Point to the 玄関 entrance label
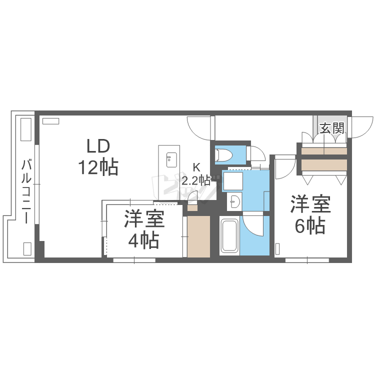click(332, 128)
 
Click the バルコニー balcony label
click(26, 191)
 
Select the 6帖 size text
click(310, 226)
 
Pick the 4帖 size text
click(143, 241)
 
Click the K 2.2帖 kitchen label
click(196, 174)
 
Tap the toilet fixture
click(224, 155)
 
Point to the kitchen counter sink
click(171, 160)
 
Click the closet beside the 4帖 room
click(198, 236)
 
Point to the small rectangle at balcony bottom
click(27, 248)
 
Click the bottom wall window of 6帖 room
click(307, 260)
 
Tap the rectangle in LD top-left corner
click(50, 121)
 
